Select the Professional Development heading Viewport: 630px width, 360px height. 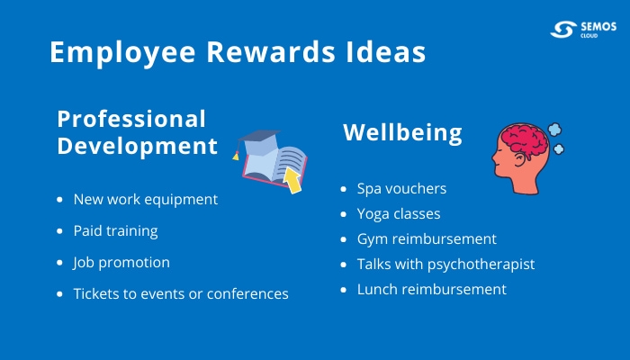tap(137, 132)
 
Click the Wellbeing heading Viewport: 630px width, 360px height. tap(402, 133)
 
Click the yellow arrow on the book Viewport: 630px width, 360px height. tap(292, 180)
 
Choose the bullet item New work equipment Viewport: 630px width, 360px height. tap(145, 199)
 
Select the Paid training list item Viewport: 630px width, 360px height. tap(115, 230)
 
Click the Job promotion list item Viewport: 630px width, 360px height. tap(121, 262)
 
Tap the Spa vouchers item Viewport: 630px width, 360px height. tap(401, 189)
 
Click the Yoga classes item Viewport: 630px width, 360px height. tap(399, 214)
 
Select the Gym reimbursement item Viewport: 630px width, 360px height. tap(427, 239)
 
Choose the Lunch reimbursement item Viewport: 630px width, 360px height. tap(431, 290)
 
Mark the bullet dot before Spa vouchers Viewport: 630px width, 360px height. tap(344, 190)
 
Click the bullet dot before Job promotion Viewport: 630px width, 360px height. tap(59, 263)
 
